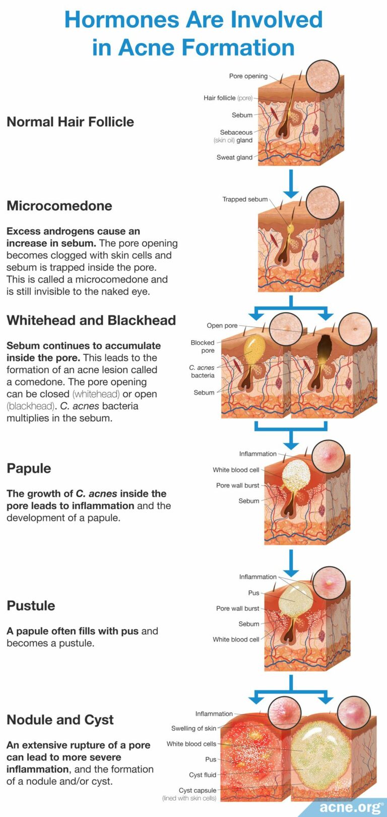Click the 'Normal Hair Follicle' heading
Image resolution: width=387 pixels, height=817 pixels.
click(70, 122)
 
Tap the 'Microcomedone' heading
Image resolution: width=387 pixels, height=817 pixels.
click(59, 206)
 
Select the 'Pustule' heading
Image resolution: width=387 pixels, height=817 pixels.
click(31, 606)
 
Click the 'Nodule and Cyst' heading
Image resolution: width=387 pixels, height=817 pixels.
click(60, 720)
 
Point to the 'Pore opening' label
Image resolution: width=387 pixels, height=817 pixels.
click(248, 76)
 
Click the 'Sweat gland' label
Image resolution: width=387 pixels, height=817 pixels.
click(234, 157)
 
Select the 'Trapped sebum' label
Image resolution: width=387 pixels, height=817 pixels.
click(245, 199)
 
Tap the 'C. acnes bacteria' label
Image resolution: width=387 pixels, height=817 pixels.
click(202, 371)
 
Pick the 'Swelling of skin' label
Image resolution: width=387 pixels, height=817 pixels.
click(193, 728)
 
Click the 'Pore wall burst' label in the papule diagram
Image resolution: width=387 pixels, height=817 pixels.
click(237, 485)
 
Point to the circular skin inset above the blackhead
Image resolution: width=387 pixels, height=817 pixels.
click(355, 329)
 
